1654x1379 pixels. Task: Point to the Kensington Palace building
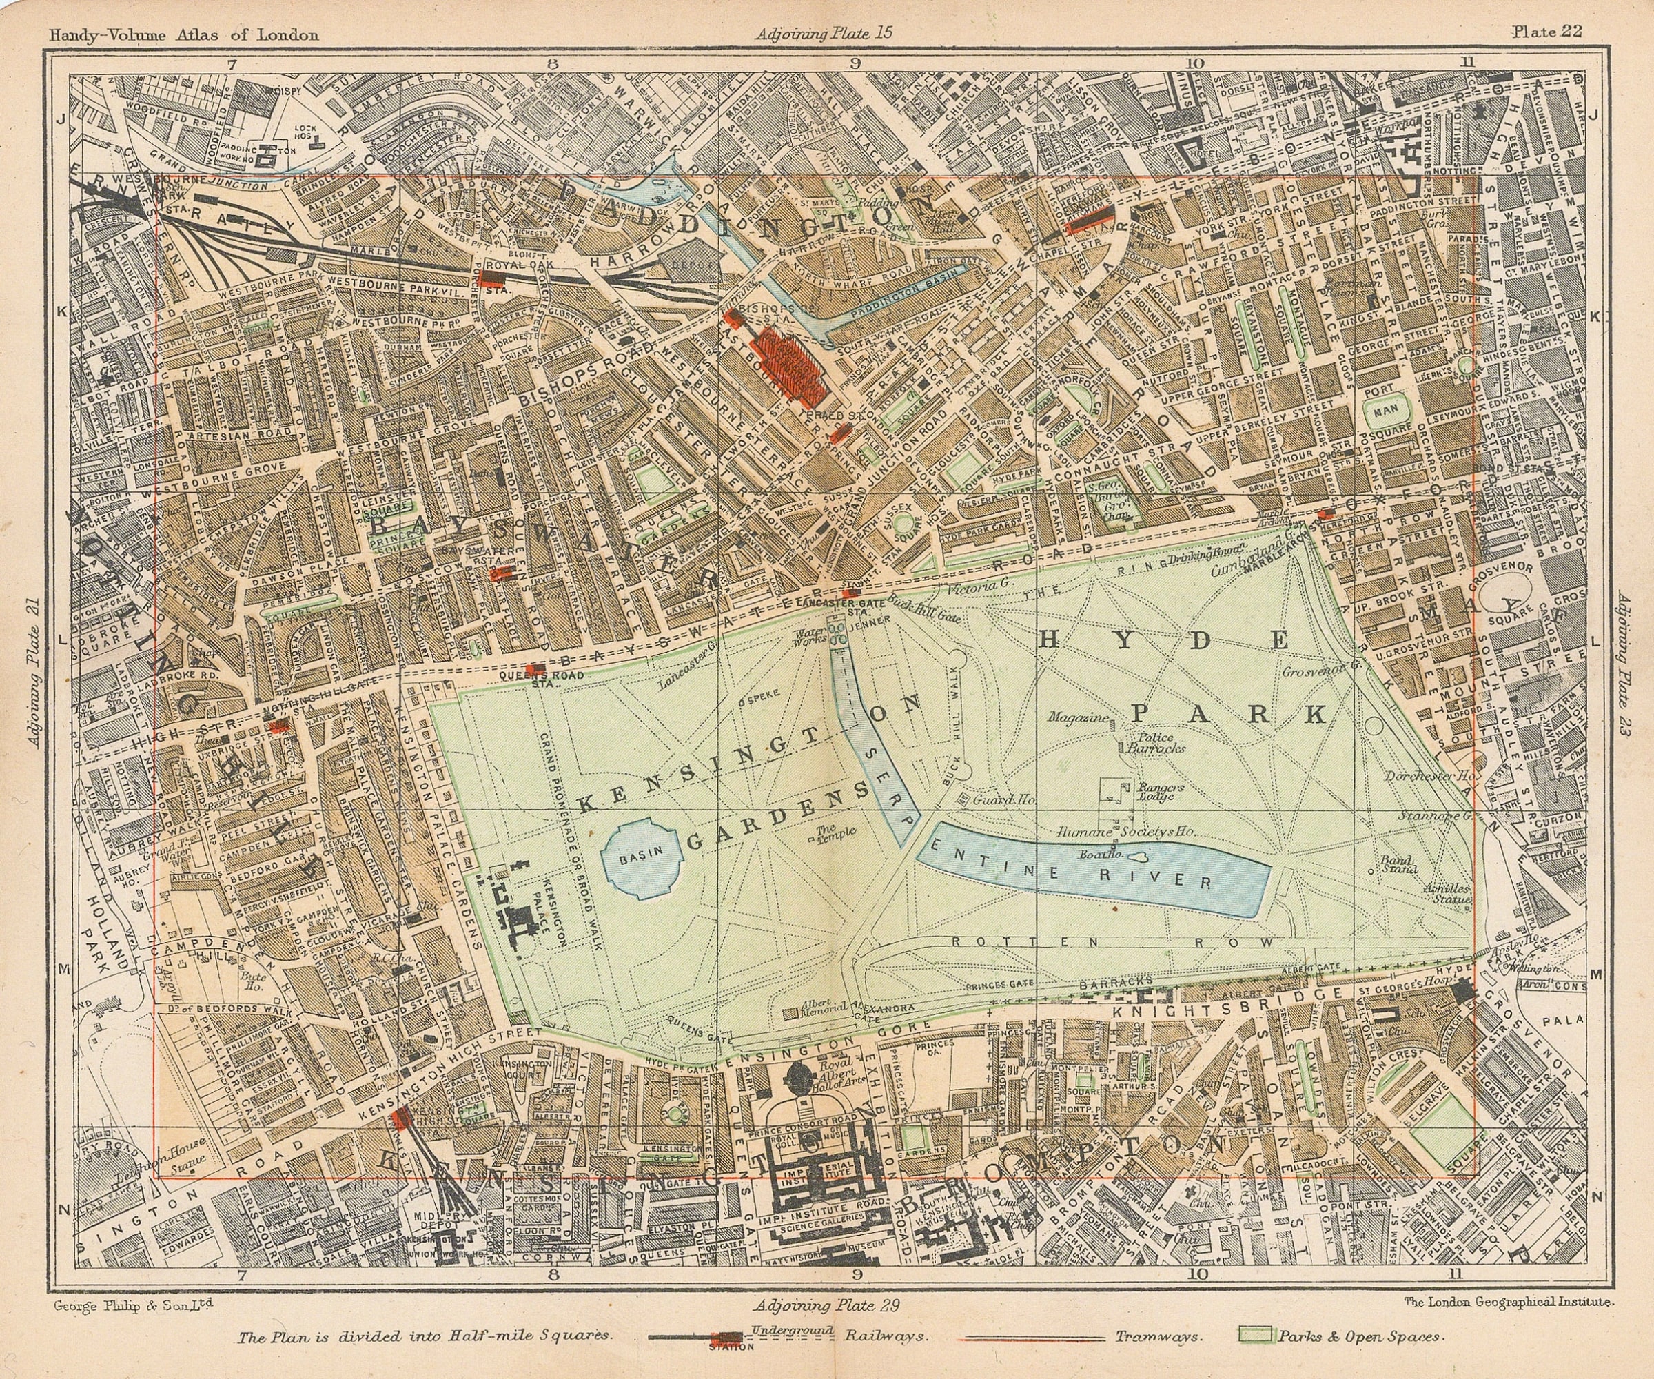pos(516,917)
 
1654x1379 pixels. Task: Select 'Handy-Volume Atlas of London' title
pos(183,34)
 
